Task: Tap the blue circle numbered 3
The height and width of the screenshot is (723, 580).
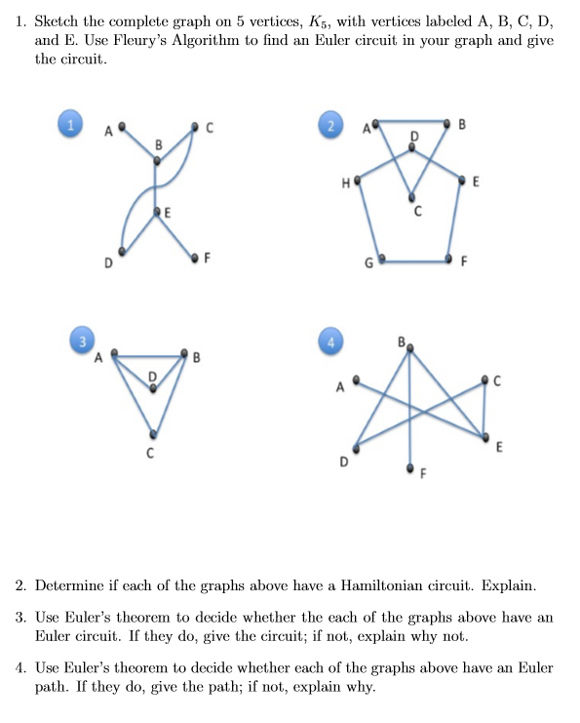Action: (x=82, y=341)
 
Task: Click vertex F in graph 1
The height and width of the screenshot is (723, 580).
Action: (x=195, y=258)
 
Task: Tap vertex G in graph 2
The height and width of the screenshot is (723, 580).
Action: (x=382, y=261)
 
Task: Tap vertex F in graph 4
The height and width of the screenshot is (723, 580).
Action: (x=410, y=466)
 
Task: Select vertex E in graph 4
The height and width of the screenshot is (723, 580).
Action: (x=484, y=435)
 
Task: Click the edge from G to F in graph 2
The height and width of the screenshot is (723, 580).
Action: (x=415, y=261)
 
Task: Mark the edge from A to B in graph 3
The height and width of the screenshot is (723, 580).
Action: (x=151, y=356)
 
